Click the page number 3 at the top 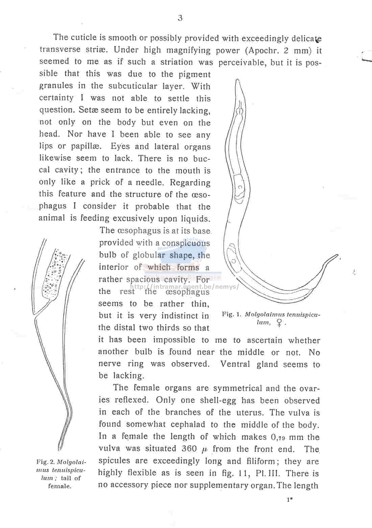click(x=180, y=18)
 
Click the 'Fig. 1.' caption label click(x=232, y=314)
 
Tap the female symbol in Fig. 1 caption click(x=279, y=323)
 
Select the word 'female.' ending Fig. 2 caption click(x=59, y=486)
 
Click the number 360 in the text click(x=189, y=449)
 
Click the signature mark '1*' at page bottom click(x=290, y=500)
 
